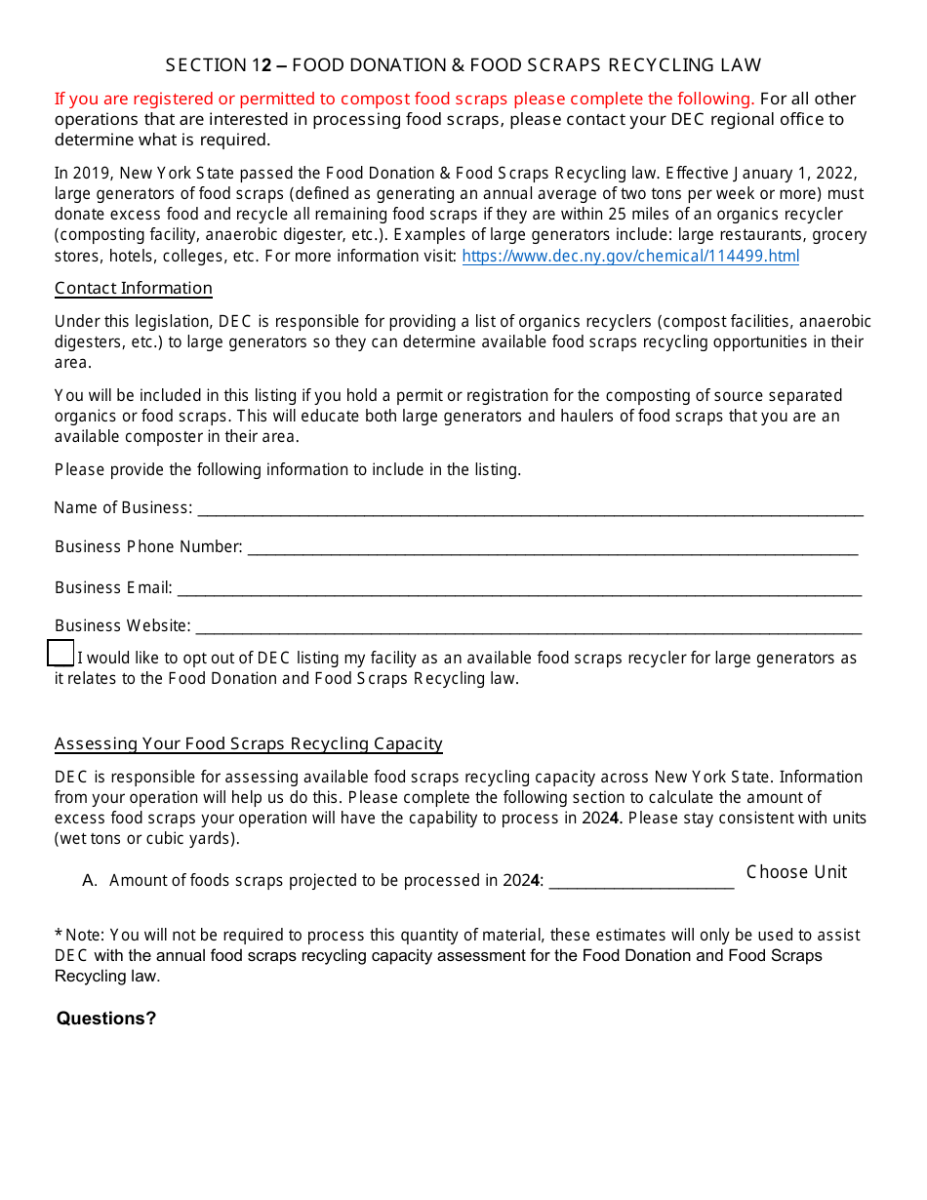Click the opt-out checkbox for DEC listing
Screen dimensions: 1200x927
[60, 654]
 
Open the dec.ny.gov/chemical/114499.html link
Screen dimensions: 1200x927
[629, 257]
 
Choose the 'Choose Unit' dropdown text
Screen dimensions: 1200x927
[796, 872]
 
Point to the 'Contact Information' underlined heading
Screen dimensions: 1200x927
[134, 289]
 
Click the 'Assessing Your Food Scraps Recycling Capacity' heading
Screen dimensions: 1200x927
[249, 744]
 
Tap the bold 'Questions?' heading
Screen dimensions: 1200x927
[106, 1019]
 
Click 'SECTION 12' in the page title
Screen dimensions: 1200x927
[219, 65]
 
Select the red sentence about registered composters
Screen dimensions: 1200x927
[404, 99]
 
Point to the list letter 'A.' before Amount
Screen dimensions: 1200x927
[91, 881]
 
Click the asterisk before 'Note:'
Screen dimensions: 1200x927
[59, 935]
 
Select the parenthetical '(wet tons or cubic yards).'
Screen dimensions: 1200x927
[146, 839]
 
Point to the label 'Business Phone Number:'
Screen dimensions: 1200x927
[148, 547]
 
